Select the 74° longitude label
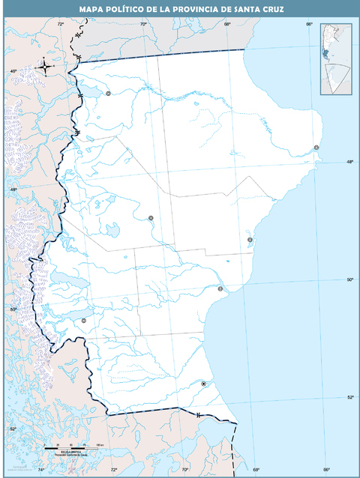(x=41, y=470)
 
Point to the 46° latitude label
(x=12, y=71)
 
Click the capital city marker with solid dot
(x=203, y=384)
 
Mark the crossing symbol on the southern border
(x=197, y=414)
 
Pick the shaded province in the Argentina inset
(x=327, y=55)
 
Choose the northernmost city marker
(x=108, y=94)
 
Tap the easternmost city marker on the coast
(x=316, y=148)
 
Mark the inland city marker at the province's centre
(x=151, y=217)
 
